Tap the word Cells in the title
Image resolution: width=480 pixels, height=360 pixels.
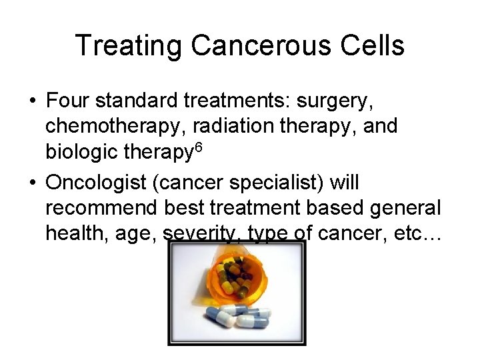[x=375, y=46]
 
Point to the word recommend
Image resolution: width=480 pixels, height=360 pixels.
[x=101, y=208]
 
